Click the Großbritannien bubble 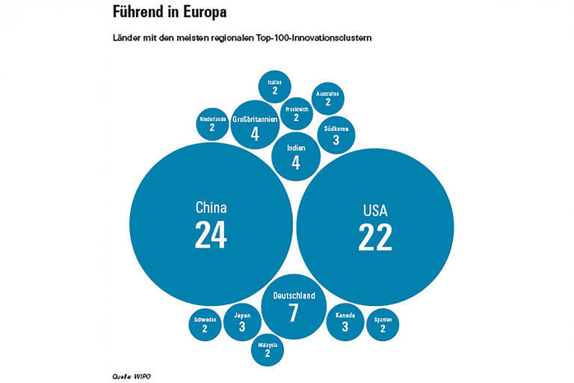tap(255, 126)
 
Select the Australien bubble tap(328, 97)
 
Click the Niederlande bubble tap(212, 123)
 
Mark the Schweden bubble tap(205, 324)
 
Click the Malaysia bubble tap(268, 349)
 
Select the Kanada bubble tap(345, 322)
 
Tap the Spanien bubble tap(383, 324)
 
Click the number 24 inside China tap(211, 235)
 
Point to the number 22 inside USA tap(374, 237)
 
